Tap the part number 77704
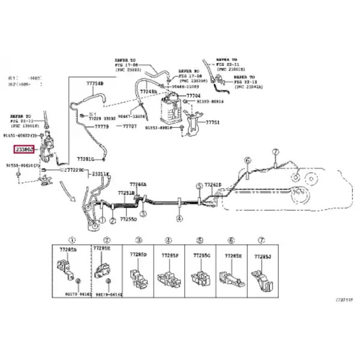(193, 95)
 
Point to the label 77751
(213, 122)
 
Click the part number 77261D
(212, 185)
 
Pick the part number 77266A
(138, 185)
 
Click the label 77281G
(85, 160)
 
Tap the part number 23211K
(100, 175)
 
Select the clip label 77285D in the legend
(138, 255)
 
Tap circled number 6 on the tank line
(246, 160)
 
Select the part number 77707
(130, 127)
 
